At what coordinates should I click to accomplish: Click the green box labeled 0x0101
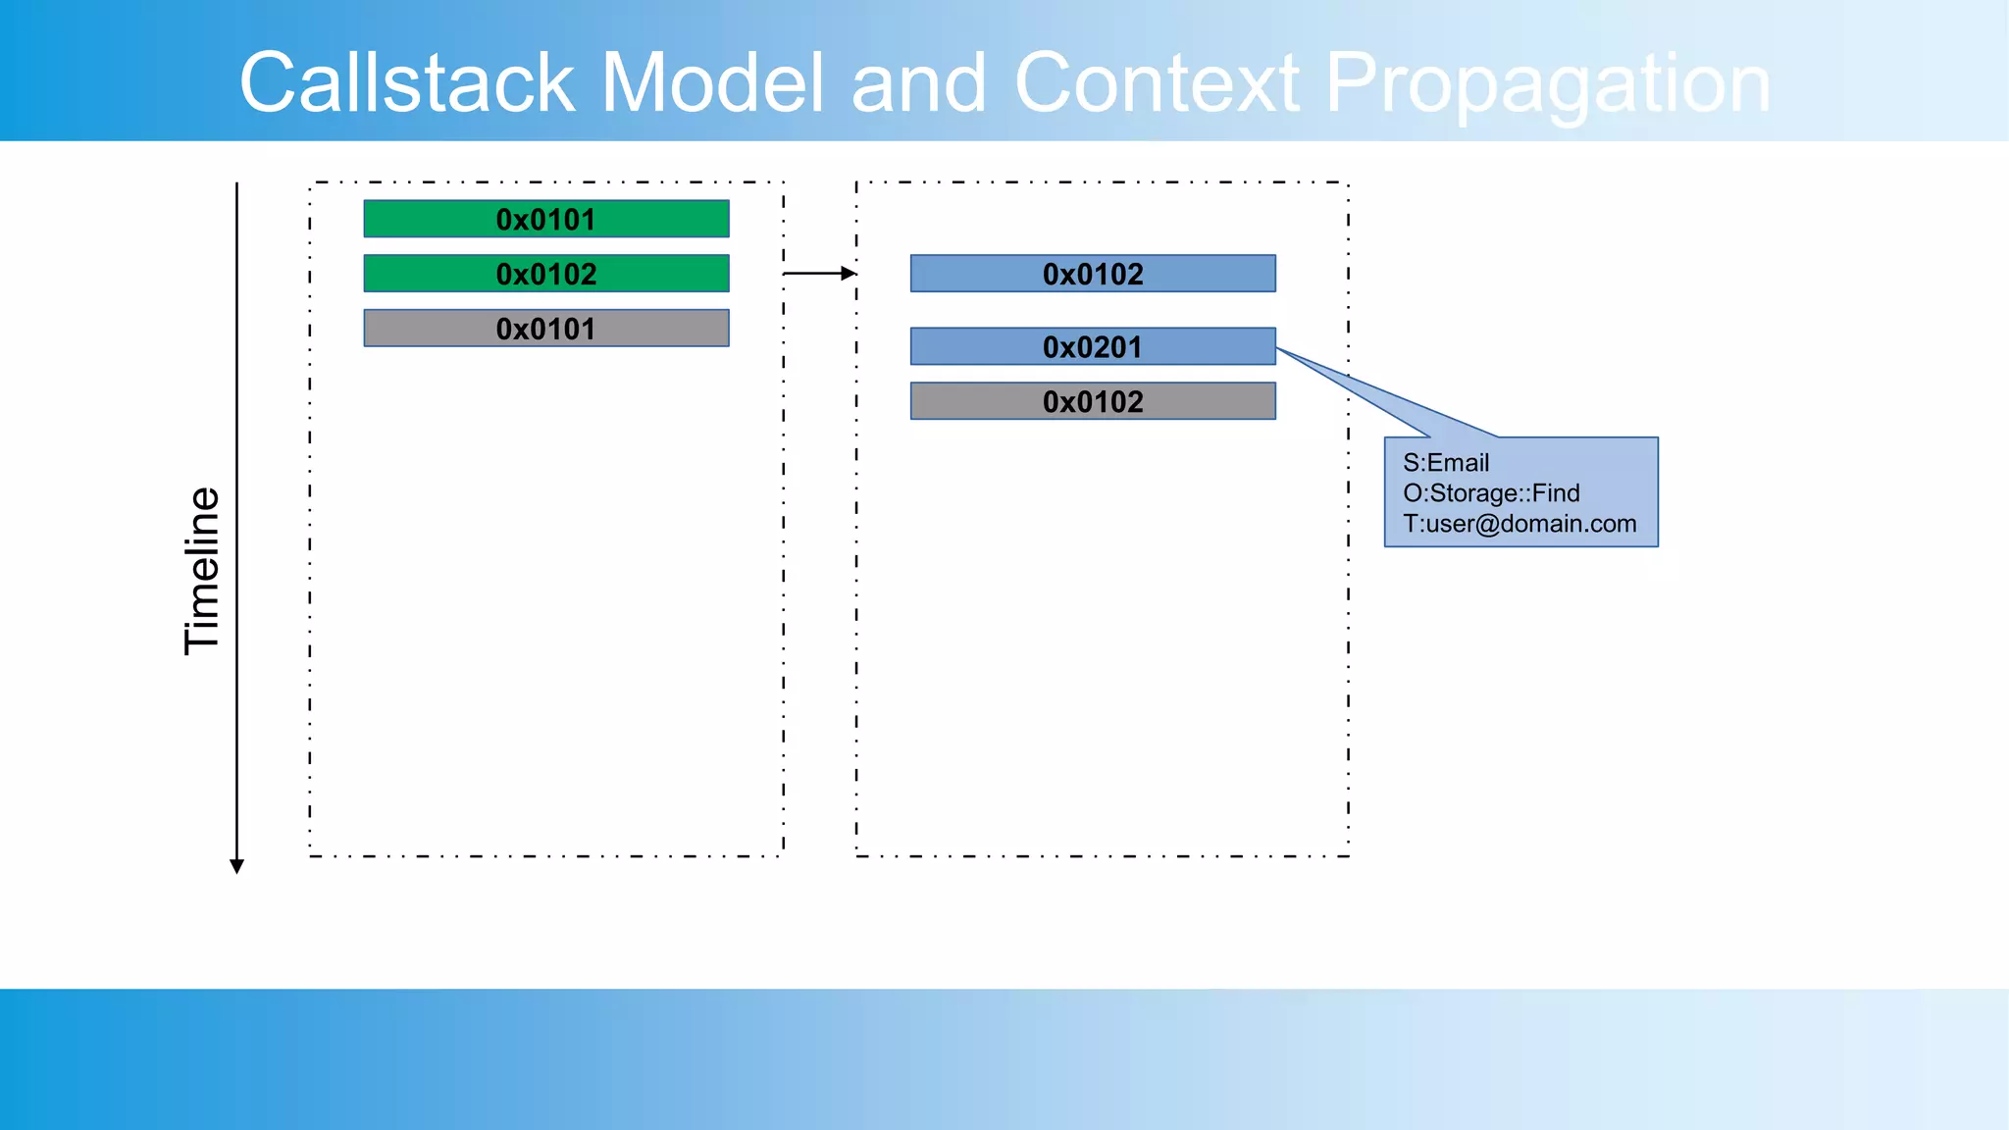(x=545, y=219)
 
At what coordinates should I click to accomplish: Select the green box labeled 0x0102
(x=545, y=274)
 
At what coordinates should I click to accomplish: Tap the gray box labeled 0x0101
(x=545, y=329)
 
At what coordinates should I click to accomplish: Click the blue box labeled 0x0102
(x=1093, y=274)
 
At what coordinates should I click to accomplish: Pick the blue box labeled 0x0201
(x=1093, y=346)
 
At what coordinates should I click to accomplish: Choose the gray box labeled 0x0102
(x=1093, y=401)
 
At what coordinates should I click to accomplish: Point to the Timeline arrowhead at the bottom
(x=236, y=865)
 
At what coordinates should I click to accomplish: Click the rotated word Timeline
(x=202, y=571)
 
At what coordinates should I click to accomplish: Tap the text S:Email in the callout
(x=1446, y=463)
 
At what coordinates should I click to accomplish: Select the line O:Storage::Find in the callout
(x=1491, y=493)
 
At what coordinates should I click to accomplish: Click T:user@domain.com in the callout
(x=1520, y=524)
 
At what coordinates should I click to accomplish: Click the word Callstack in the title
(x=406, y=83)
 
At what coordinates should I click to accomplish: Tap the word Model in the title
(x=712, y=83)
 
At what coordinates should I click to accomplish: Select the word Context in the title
(x=1157, y=83)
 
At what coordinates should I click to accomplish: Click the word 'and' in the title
(x=918, y=83)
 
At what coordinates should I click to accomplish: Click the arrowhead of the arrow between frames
(x=849, y=274)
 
